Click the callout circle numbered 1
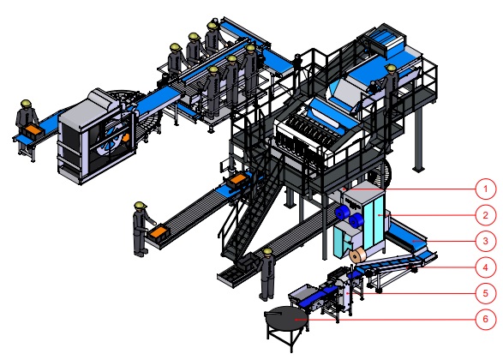485,189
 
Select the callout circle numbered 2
485,214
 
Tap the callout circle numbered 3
485,241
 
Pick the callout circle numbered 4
485,267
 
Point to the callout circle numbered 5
485,293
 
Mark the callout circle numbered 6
485,319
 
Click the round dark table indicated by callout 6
285,318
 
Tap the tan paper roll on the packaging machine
357,255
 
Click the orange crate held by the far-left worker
33,130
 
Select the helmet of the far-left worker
26,104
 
